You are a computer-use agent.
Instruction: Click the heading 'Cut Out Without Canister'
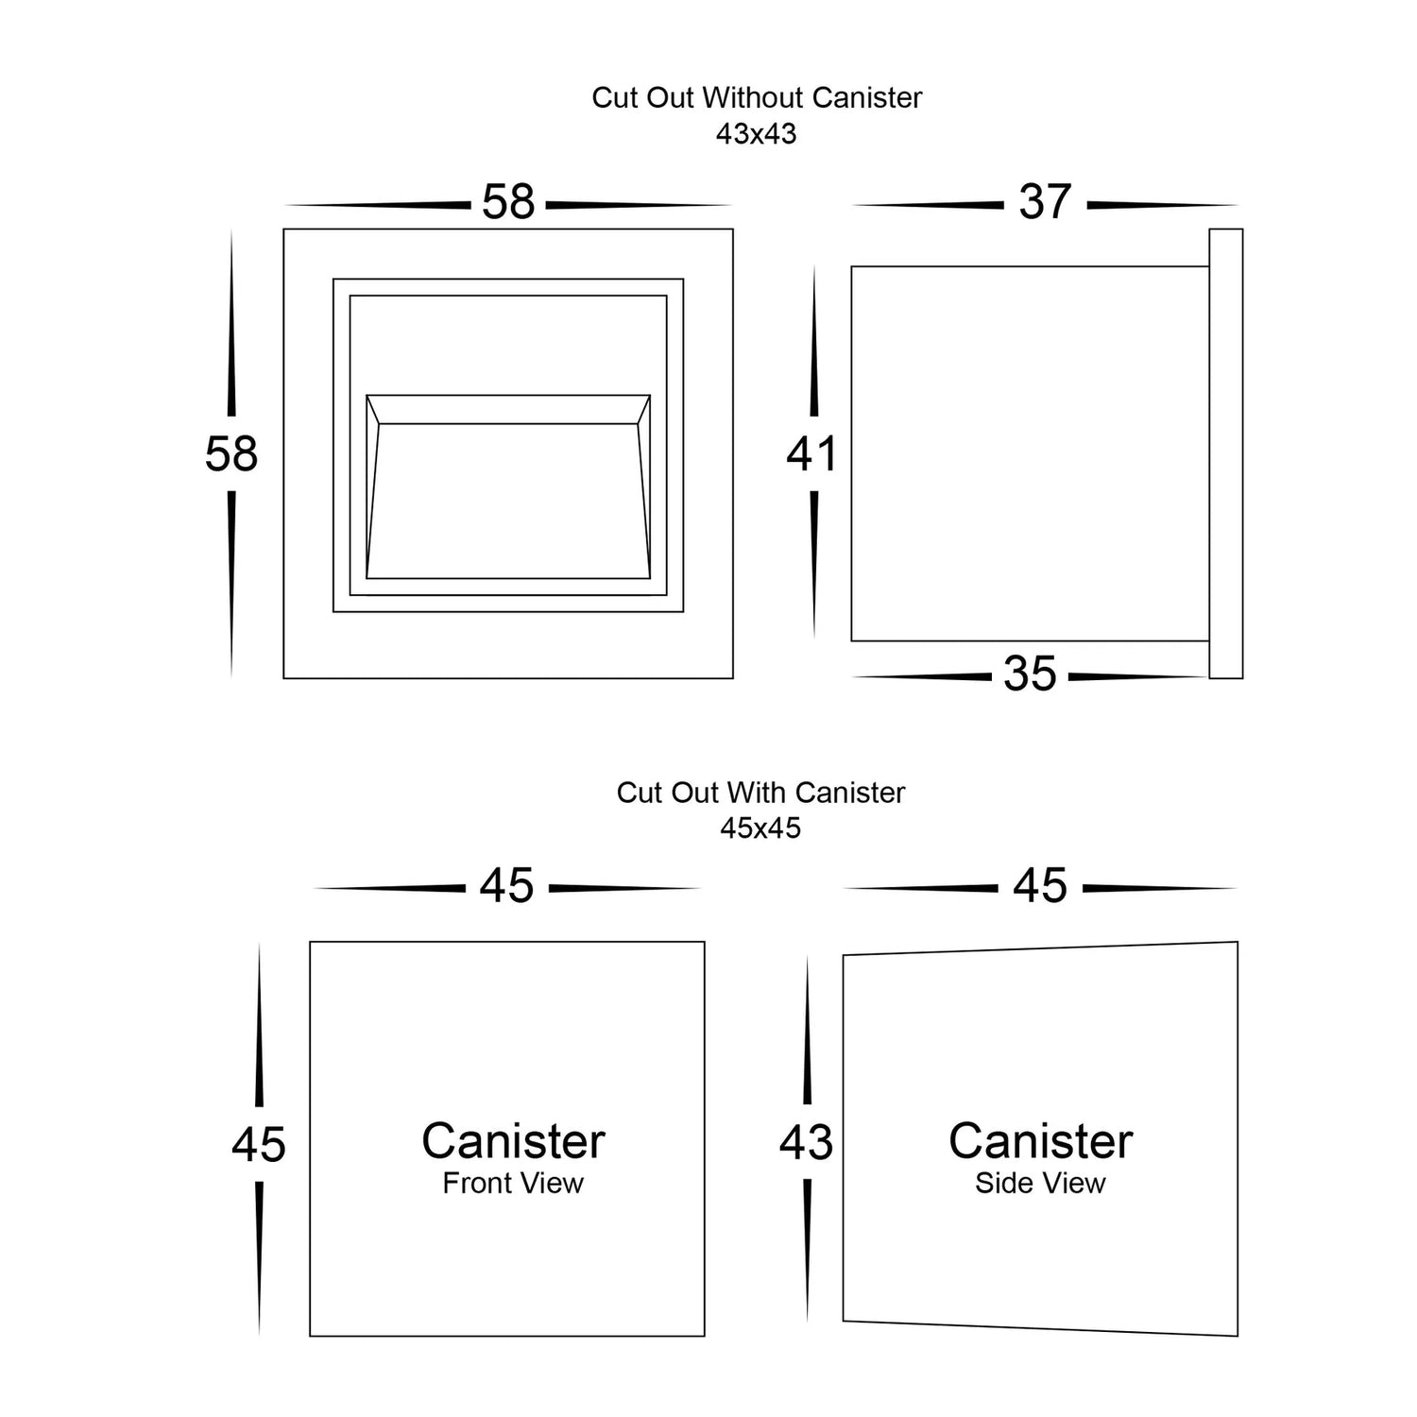(x=757, y=97)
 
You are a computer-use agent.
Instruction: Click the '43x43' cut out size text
(x=756, y=134)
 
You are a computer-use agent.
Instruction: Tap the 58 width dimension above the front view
(x=508, y=202)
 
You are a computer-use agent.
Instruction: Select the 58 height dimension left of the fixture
(x=231, y=453)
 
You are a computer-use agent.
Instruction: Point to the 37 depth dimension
(x=1045, y=202)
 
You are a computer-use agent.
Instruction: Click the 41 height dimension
(x=812, y=454)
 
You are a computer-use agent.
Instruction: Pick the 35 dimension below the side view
(x=1030, y=674)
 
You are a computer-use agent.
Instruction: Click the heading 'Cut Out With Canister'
(x=760, y=792)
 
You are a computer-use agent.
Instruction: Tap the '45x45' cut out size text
(x=760, y=828)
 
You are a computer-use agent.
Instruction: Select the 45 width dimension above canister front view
(x=507, y=886)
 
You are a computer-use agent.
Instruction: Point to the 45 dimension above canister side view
(x=1040, y=886)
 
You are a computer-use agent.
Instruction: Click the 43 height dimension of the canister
(x=806, y=1143)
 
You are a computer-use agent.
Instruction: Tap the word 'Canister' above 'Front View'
(x=513, y=1141)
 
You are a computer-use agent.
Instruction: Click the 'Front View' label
(x=513, y=1183)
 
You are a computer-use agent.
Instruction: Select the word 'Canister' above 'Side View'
(x=1040, y=1141)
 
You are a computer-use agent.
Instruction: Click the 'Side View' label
(x=1040, y=1183)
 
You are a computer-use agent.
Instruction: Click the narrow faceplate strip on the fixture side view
(x=1225, y=453)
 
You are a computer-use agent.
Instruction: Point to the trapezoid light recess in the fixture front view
(x=508, y=501)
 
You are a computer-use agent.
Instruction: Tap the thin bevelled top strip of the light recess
(x=508, y=410)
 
